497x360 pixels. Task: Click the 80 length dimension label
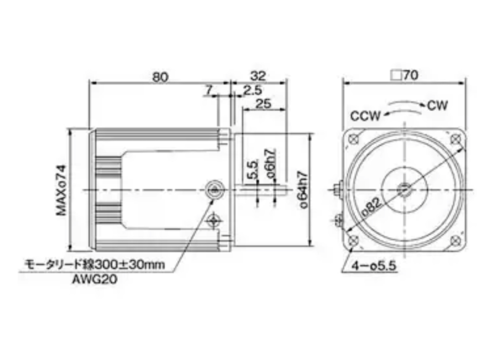tap(160, 77)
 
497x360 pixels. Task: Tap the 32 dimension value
tap(258, 76)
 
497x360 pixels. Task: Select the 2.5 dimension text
tap(253, 90)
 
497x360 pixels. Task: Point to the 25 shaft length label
tap(263, 103)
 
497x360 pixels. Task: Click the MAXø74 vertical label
tap(62, 190)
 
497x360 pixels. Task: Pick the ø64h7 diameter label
tap(303, 190)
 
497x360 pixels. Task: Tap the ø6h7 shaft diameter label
tap(271, 163)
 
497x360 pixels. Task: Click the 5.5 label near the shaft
tap(253, 170)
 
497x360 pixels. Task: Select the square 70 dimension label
tap(404, 76)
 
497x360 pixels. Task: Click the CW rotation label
tap(437, 105)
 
